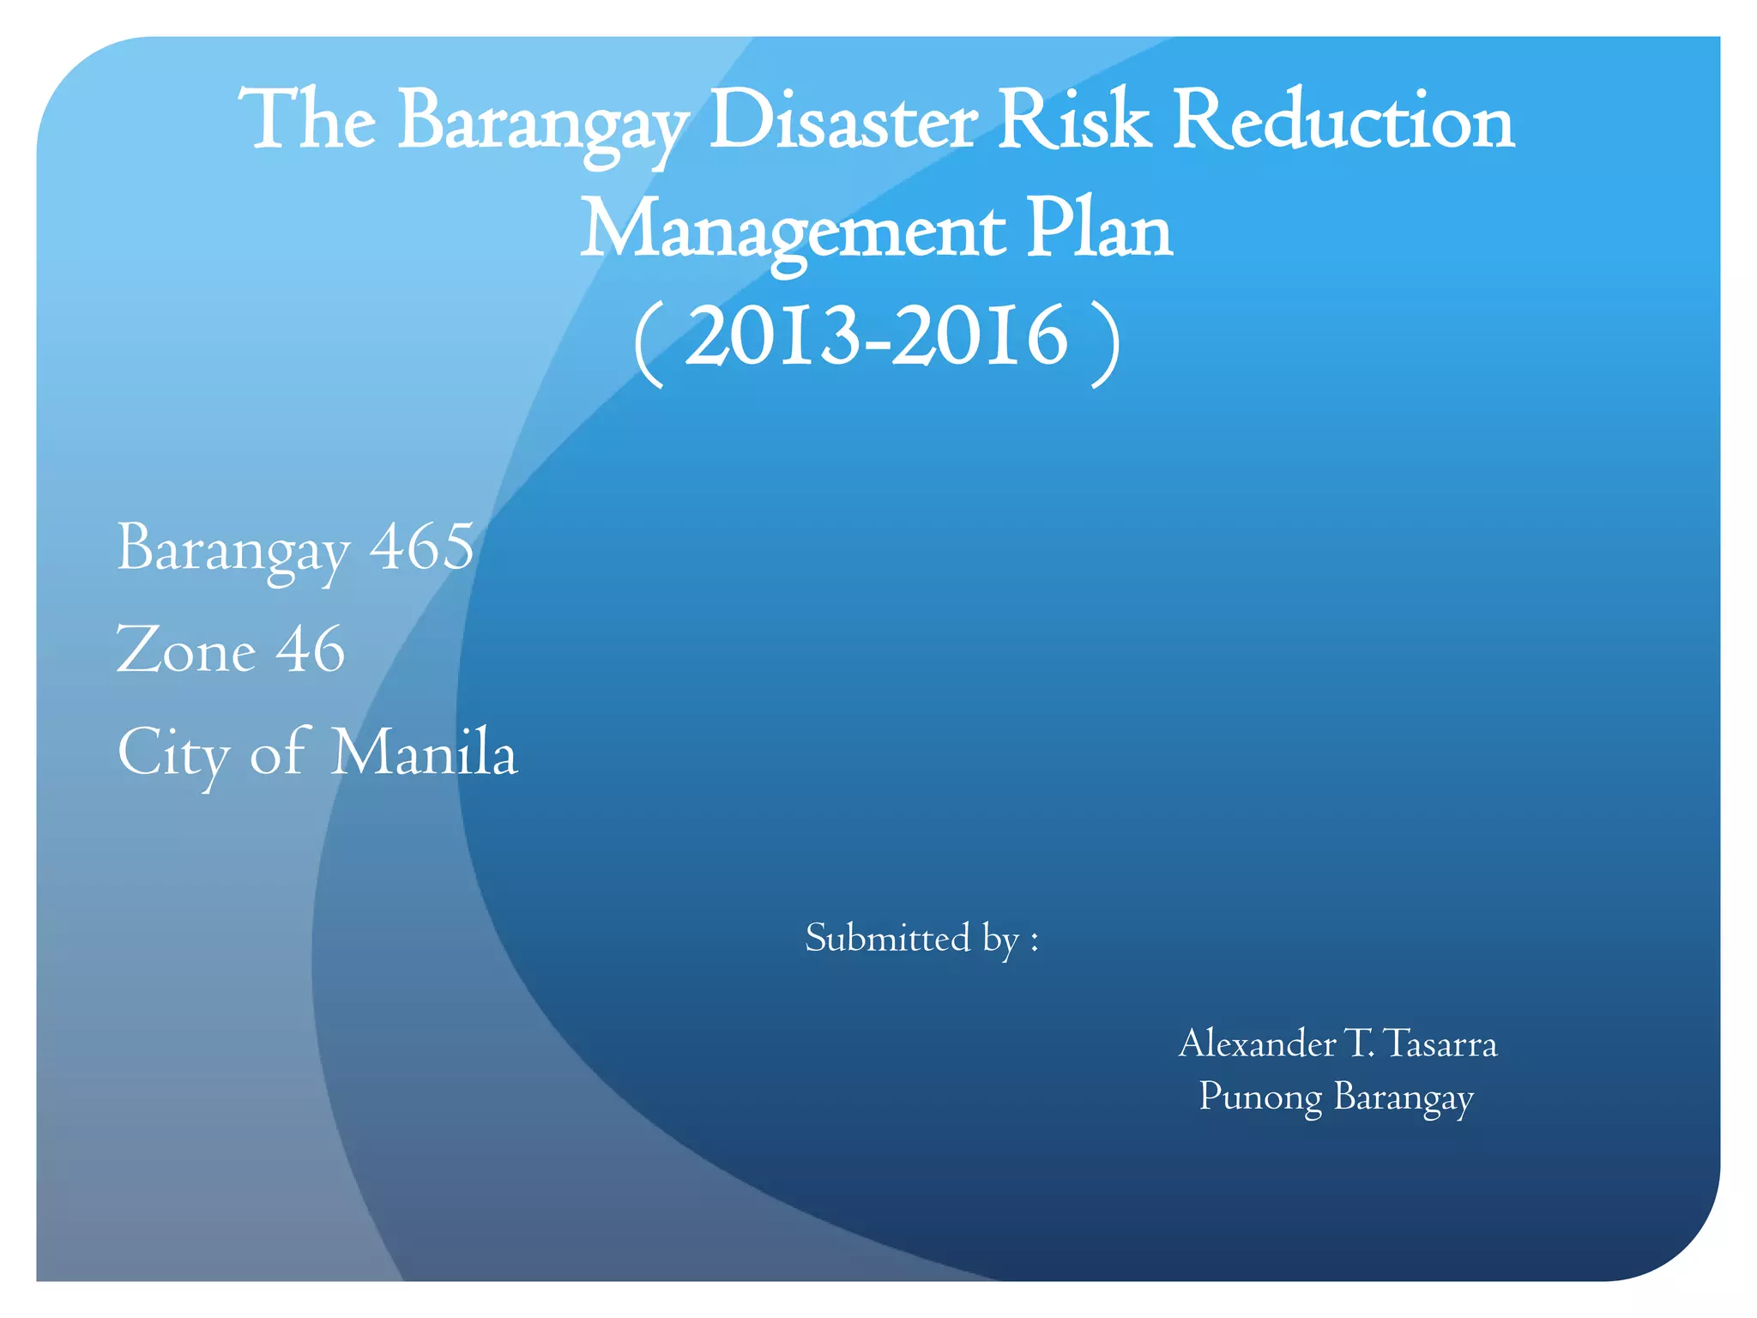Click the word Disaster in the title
(842, 123)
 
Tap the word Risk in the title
(1074, 123)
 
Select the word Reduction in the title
(1343, 123)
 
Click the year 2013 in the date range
(772, 337)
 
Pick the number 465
(421, 548)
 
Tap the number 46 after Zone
(311, 650)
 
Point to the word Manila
(425, 753)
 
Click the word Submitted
(888, 938)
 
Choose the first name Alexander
(1257, 1044)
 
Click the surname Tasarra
(1440, 1044)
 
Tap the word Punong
(1260, 1097)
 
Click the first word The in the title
(307, 123)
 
